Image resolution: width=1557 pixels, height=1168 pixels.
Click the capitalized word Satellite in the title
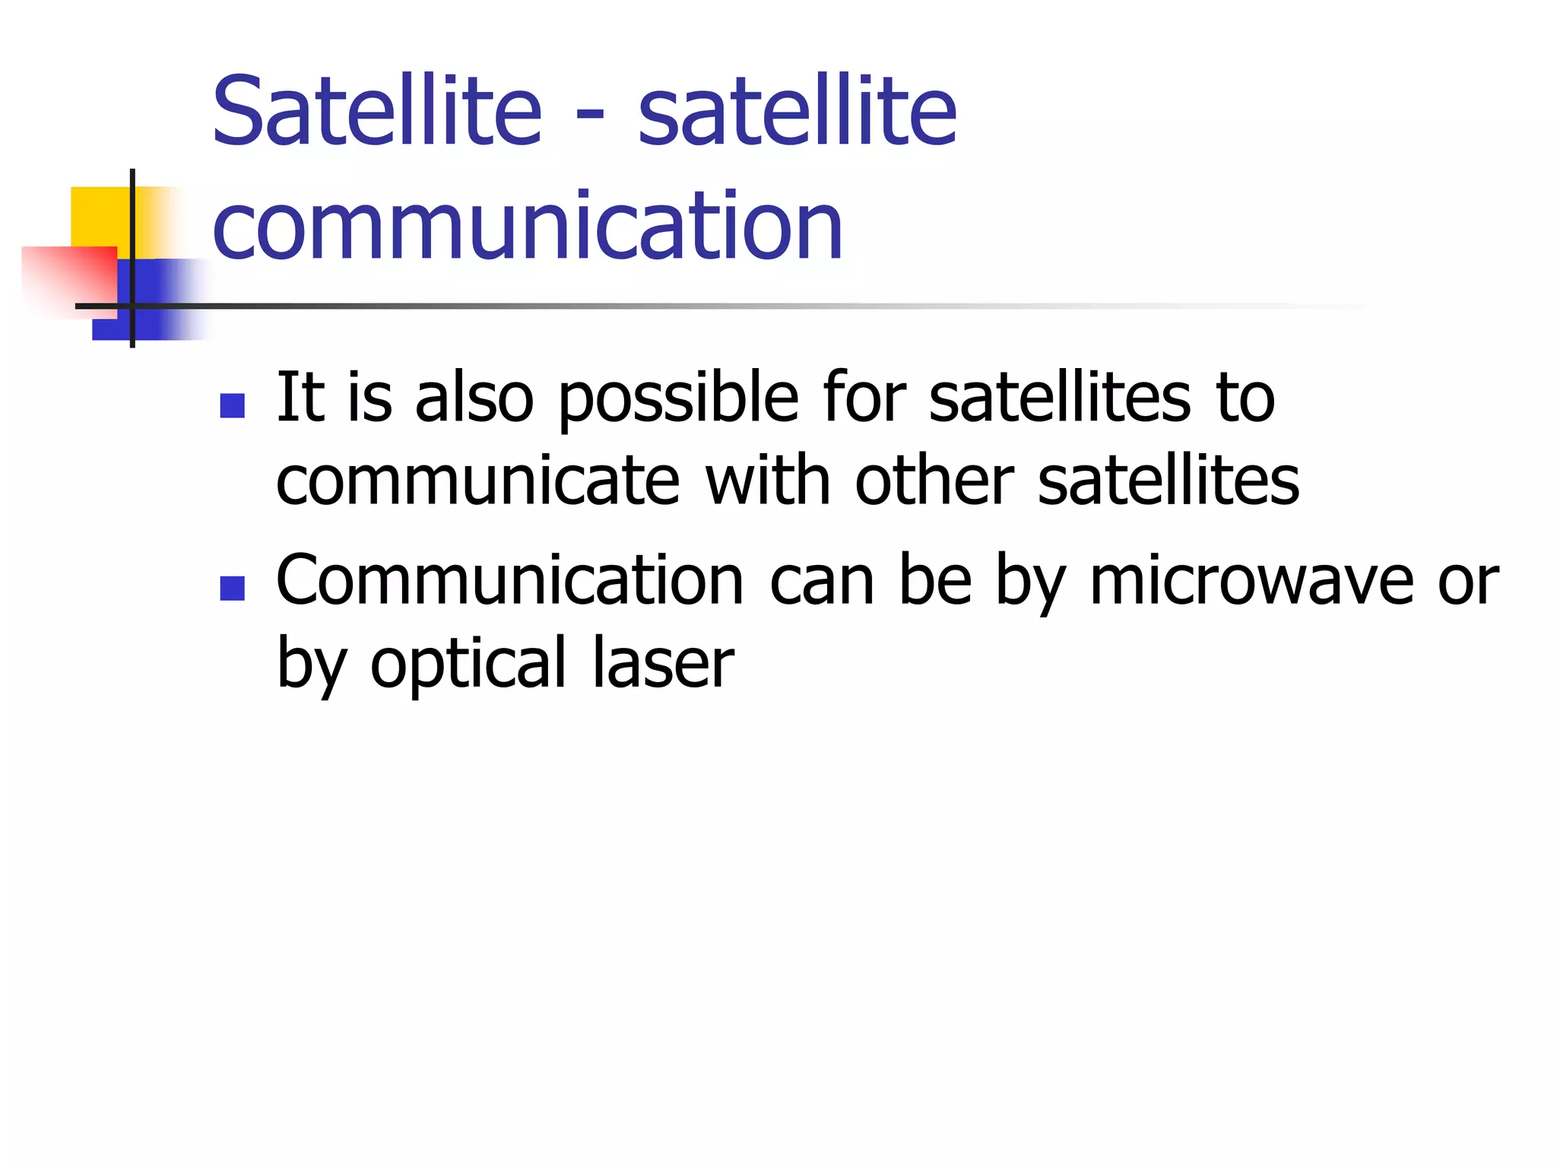point(377,113)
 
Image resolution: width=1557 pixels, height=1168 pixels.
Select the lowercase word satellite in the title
point(797,113)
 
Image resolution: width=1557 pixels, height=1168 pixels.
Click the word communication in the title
point(528,227)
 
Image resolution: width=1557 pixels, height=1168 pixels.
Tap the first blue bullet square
point(232,405)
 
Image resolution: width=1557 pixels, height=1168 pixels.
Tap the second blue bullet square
point(232,588)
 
